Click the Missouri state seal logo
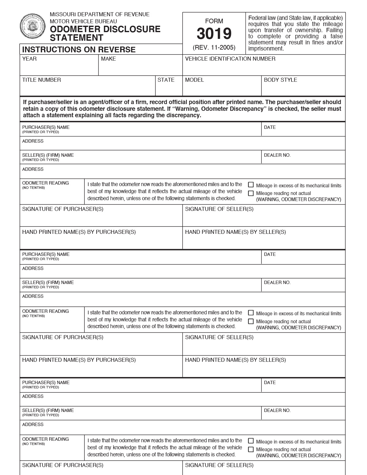[32, 26]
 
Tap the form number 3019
[214, 34]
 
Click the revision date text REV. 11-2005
[214, 47]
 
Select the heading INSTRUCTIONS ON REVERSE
[79, 50]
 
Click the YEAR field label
[29, 59]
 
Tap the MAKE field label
[109, 59]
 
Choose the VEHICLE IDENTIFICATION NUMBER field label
[230, 59]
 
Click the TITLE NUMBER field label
[42, 80]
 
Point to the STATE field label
[166, 80]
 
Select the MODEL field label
[195, 80]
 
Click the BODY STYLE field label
[280, 80]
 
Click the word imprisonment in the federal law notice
[266, 48]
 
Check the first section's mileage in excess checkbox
[251, 185]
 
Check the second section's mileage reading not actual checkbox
[251, 321]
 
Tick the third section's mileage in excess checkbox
[251, 441]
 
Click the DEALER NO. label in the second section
[277, 282]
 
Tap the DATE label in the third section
[270, 383]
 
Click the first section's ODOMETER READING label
[46, 183]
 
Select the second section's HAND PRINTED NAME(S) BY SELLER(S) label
[235, 360]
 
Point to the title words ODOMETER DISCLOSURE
[105, 29]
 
